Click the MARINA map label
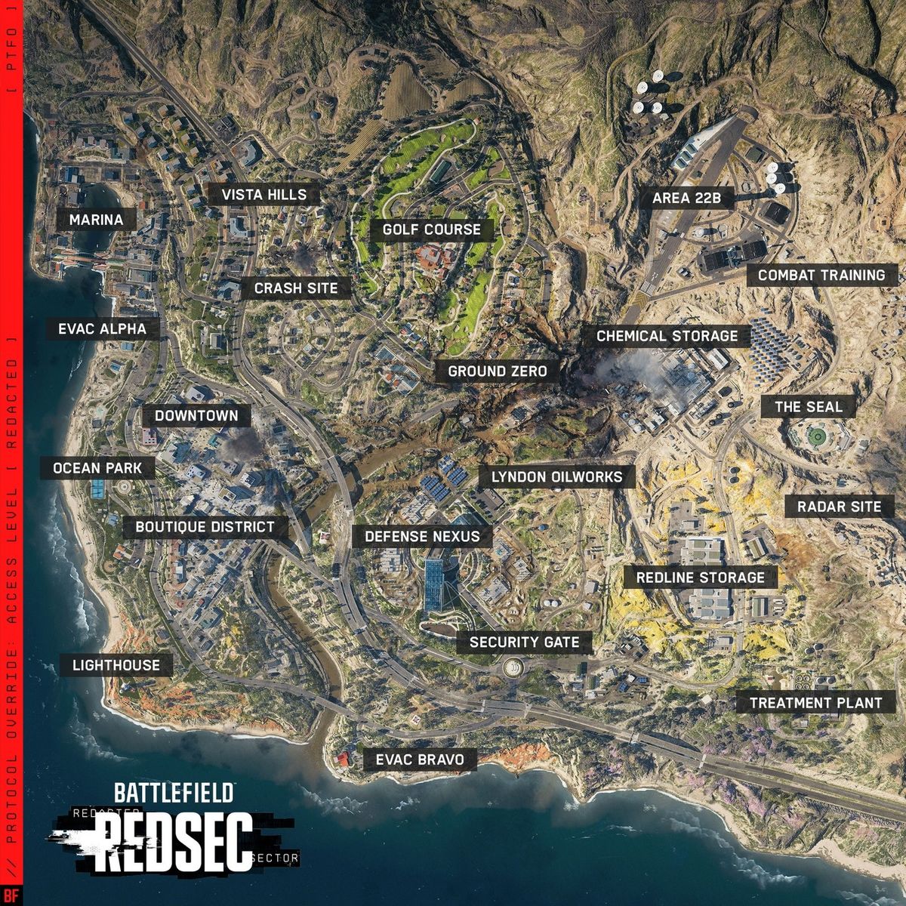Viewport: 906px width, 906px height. pyautogui.click(x=96, y=220)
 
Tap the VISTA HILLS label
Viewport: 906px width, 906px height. pyautogui.click(x=263, y=195)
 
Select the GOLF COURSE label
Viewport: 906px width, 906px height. pyautogui.click(x=431, y=230)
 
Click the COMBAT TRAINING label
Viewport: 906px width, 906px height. pyautogui.click(x=821, y=275)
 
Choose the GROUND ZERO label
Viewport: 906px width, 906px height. pyautogui.click(x=497, y=371)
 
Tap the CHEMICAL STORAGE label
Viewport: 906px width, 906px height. pyautogui.click(x=667, y=336)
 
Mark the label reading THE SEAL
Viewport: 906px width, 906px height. pyautogui.click(x=808, y=407)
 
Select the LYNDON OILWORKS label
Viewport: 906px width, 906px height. pyautogui.click(x=556, y=476)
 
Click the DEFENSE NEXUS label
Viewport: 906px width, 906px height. pyautogui.click(x=422, y=537)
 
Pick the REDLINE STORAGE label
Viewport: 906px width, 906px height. pyautogui.click(x=700, y=578)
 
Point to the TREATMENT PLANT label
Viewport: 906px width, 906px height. pyautogui.click(x=815, y=703)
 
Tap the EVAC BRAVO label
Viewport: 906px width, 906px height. pyautogui.click(x=420, y=759)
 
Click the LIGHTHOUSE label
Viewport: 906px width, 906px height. pyautogui.click(x=116, y=665)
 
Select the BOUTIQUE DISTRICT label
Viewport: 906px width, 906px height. pyautogui.click(x=205, y=526)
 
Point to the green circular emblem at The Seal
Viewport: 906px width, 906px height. pyautogui.click(x=815, y=436)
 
